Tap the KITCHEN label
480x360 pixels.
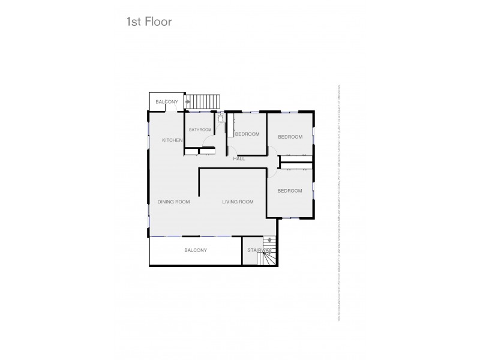point(172,140)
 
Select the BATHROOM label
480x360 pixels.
point(200,130)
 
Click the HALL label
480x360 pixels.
point(239,159)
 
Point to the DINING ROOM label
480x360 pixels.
point(174,202)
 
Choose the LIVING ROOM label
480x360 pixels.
point(238,202)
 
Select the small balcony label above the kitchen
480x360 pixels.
point(166,103)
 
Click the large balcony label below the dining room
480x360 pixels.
point(196,250)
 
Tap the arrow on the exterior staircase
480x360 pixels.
point(188,102)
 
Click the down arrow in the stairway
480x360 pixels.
point(269,239)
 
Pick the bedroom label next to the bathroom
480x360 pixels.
point(247,134)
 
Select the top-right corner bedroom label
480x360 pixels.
point(290,137)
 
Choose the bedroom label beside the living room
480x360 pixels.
point(289,191)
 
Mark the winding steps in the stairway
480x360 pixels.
point(267,259)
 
